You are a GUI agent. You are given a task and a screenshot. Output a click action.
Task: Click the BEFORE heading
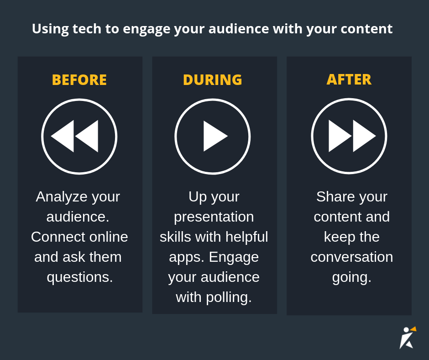pyautogui.click(x=79, y=80)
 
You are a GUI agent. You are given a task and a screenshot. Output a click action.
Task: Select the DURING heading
pyautogui.click(x=212, y=80)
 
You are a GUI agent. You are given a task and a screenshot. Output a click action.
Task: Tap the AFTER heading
pyautogui.click(x=349, y=79)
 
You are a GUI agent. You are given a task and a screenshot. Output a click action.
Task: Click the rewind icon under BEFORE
pyautogui.click(x=79, y=136)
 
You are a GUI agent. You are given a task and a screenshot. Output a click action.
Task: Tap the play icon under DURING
pyautogui.click(x=213, y=136)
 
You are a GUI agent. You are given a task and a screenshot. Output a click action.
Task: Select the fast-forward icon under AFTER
pyautogui.click(x=349, y=136)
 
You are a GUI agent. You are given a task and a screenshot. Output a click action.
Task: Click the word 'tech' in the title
pyautogui.click(x=87, y=29)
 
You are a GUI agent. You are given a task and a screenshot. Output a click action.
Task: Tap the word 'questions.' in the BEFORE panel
pyautogui.click(x=79, y=277)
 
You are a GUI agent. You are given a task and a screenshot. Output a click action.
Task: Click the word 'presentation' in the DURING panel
pyautogui.click(x=214, y=217)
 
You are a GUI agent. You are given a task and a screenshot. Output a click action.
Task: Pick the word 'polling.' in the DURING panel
pyautogui.click(x=229, y=297)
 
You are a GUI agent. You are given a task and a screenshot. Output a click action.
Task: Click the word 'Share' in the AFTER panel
pyautogui.click(x=335, y=196)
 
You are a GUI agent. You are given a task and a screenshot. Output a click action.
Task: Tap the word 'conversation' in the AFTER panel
pyautogui.click(x=351, y=257)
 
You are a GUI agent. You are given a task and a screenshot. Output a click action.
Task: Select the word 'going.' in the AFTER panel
pyautogui.click(x=351, y=277)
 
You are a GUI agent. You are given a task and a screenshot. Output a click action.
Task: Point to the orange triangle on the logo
pyautogui.click(x=413, y=328)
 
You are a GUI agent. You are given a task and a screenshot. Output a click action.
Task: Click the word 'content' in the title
pyautogui.click(x=368, y=29)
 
